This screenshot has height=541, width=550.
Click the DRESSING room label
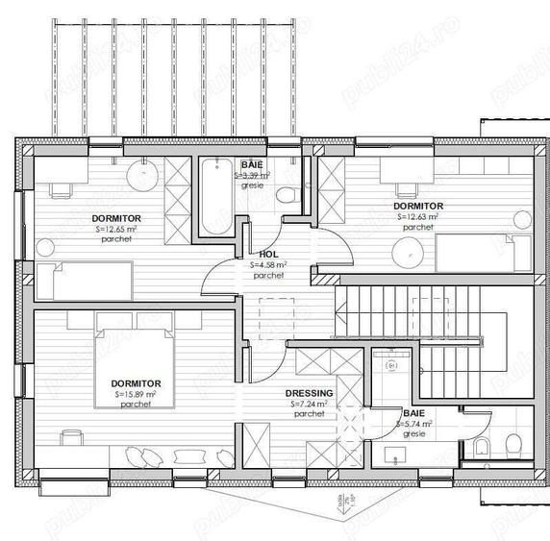[309, 394]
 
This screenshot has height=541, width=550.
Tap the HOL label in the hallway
[268, 255]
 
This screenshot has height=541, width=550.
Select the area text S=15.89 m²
[136, 394]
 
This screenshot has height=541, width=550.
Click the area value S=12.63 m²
[418, 217]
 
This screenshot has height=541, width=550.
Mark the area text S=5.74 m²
[415, 423]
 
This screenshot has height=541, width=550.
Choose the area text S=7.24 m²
[309, 405]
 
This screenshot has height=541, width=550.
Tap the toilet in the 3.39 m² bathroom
[285, 195]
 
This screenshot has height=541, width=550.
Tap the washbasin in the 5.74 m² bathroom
[391, 366]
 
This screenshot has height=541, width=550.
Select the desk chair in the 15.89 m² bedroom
[71, 438]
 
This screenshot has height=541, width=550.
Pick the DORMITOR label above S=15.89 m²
[136, 383]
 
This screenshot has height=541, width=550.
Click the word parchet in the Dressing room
[309, 414]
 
